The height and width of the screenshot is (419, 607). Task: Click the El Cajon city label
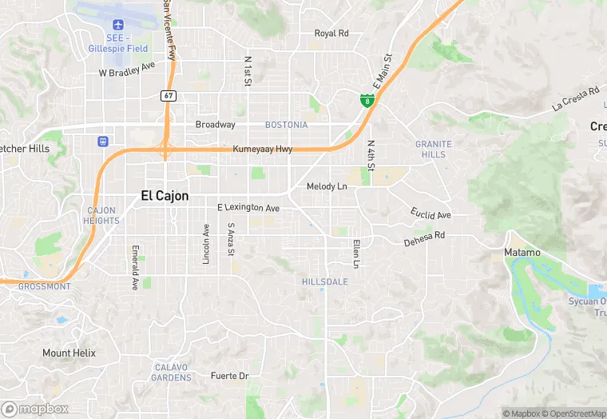tap(165, 195)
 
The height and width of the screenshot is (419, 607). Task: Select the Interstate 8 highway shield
tap(365, 101)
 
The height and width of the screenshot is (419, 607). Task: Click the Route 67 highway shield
tap(168, 95)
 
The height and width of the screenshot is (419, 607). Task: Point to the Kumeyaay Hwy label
tap(263, 150)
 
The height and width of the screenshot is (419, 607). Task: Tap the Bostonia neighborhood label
tap(286, 125)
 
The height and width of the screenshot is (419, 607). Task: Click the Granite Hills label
tap(434, 149)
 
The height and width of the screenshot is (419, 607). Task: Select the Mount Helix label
tap(69, 353)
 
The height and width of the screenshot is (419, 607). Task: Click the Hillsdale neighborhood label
tap(325, 282)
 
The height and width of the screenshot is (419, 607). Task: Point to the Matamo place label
tap(522, 253)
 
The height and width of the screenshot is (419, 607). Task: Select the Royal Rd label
tap(331, 34)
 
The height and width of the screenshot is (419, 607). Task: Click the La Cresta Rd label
tap(576, 99)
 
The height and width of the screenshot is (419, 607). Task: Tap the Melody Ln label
tap(327, 186)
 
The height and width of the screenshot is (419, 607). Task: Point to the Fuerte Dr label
tap(230, 376)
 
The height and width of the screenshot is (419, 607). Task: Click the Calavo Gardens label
tap(171, 372)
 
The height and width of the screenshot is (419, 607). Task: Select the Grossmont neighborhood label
tap(44, 286)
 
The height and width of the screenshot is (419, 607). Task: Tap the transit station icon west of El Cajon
tap(102, 142)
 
